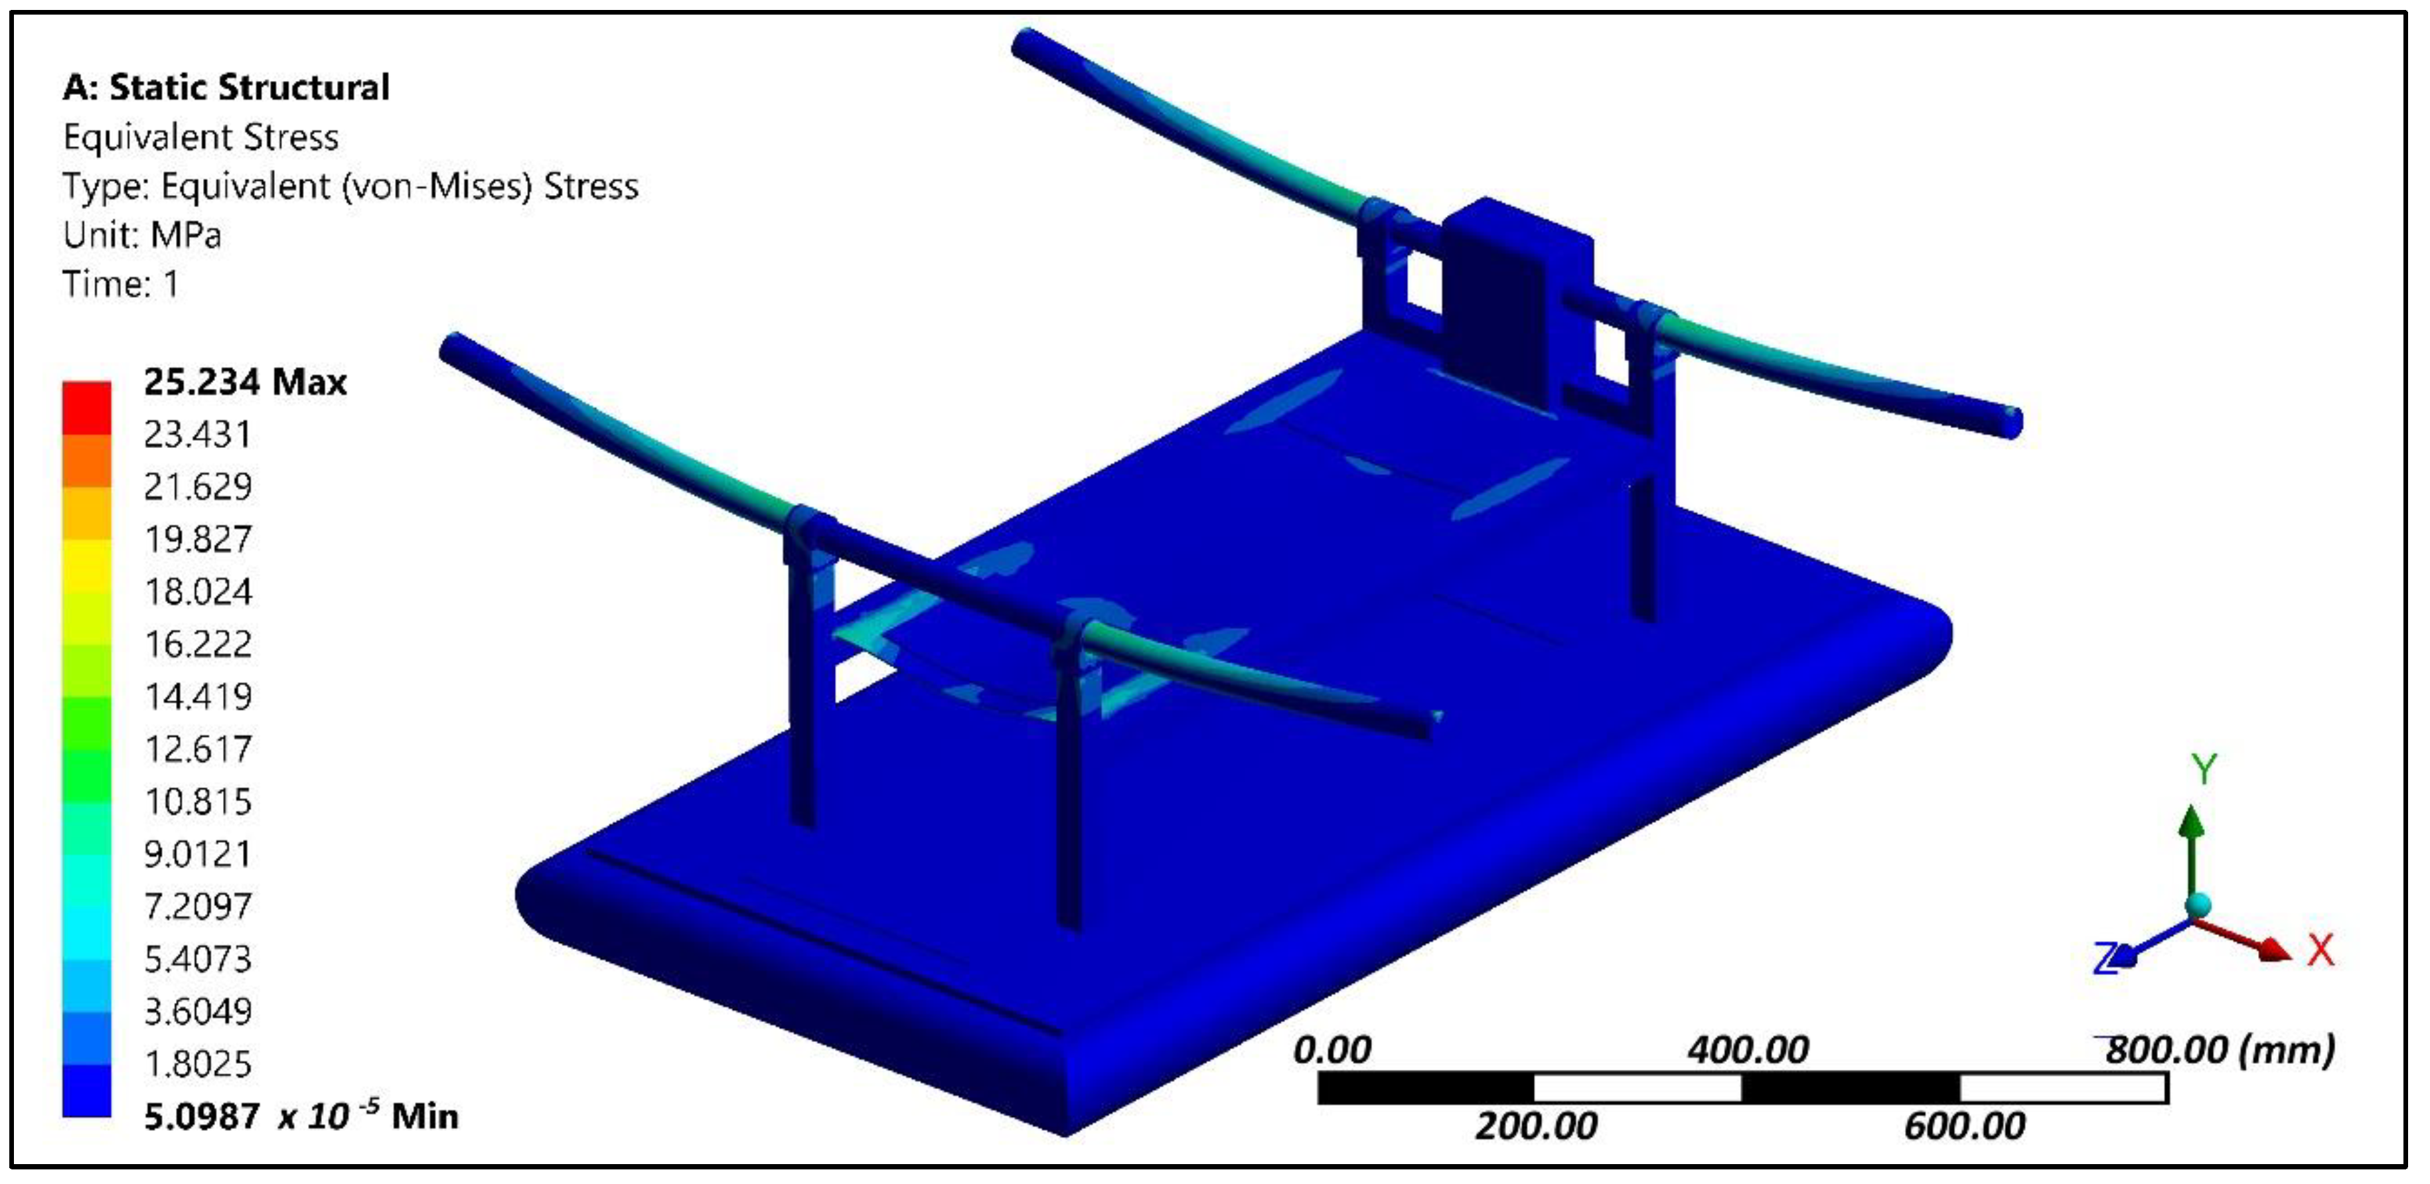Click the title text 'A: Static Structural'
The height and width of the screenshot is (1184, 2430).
pos(226,88)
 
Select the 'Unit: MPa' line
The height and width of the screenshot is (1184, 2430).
pos(143,235)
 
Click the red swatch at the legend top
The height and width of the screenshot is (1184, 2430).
pos(87,407)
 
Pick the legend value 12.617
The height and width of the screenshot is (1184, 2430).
pos(198,749)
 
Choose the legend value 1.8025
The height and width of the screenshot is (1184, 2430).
pos(198,1064)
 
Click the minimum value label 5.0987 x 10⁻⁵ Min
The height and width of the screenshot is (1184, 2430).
pos(301,1116)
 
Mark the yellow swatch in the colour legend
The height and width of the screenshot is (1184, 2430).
pos(87,565)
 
